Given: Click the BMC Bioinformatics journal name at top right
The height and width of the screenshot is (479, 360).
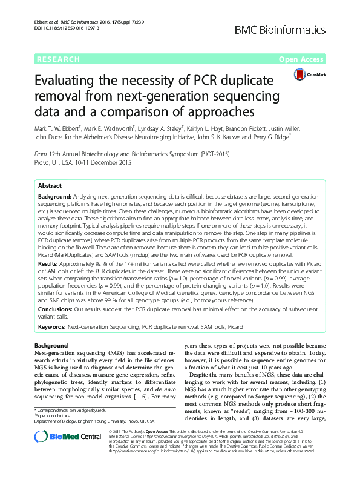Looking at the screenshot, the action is pos(291,28).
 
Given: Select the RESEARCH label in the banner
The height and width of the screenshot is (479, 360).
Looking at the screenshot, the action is pos(59,59).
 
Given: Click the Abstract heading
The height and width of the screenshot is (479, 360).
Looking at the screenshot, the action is pos(50,186).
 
